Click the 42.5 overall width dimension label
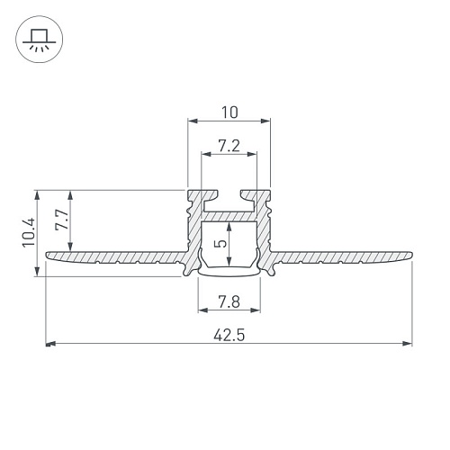(229, 335)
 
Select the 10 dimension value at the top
(229, 112)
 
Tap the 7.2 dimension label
(229, 146)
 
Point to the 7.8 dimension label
(229, 301)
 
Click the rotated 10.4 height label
(30, 232)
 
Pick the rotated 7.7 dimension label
(61, 220)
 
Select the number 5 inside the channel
(221, 243)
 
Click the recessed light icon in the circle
(40, 40)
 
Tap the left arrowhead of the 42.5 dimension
(50, 344)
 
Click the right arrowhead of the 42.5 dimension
(408, 344)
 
